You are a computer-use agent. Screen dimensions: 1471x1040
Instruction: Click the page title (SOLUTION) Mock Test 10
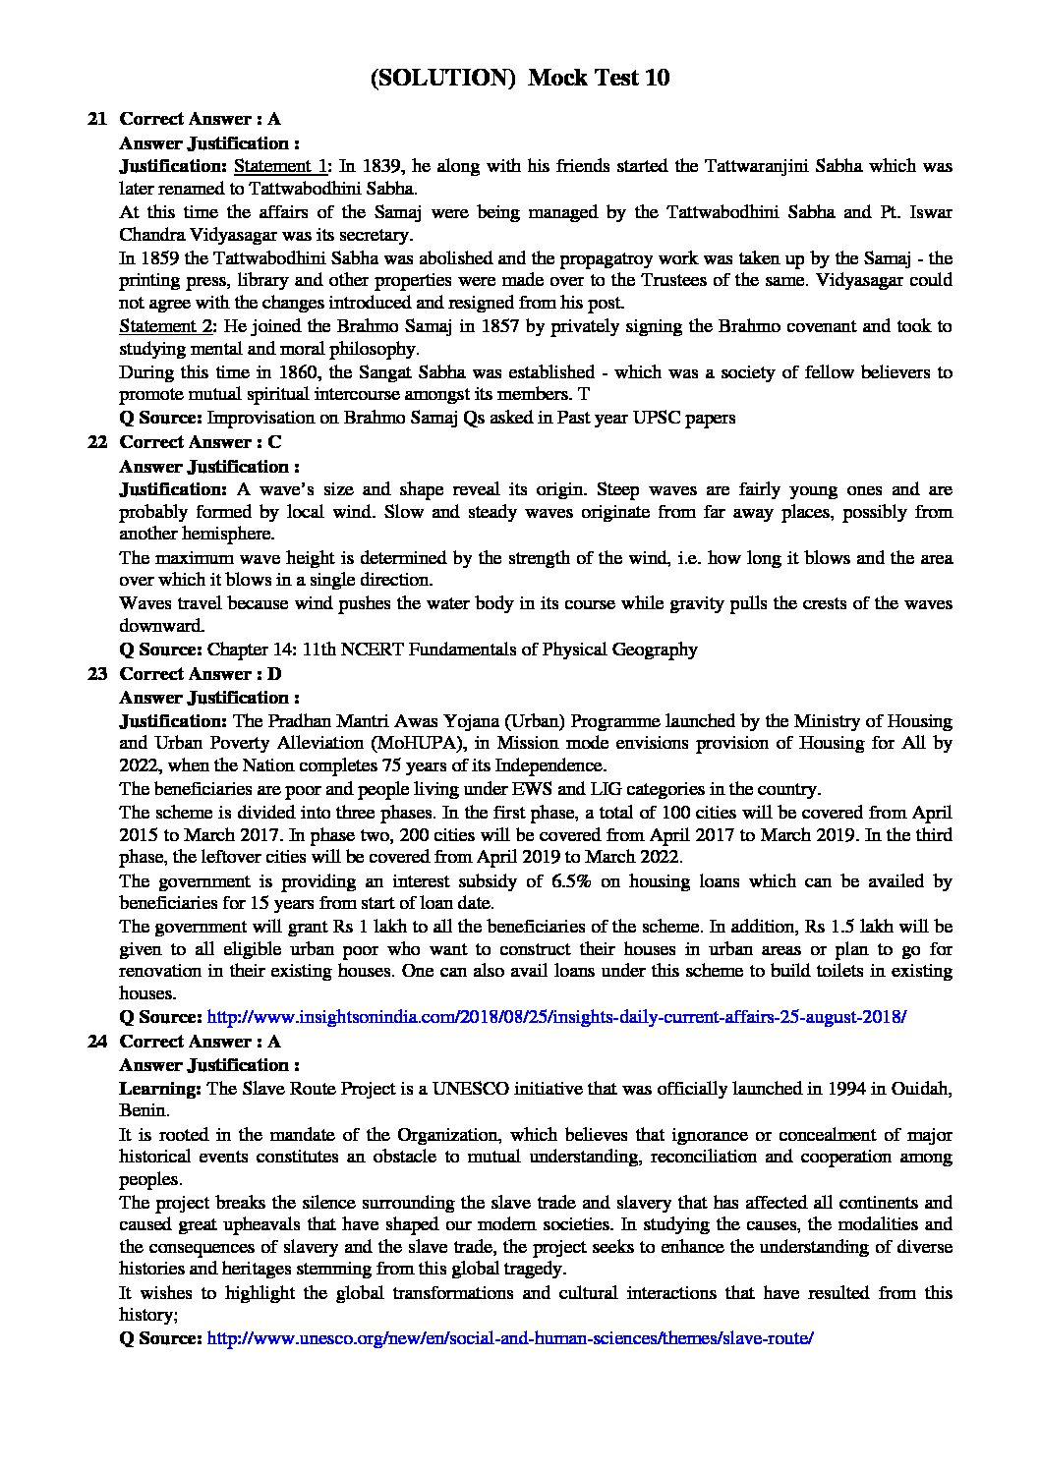click(x=520, y=78)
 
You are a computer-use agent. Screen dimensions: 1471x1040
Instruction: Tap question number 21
click(x=96, y=119)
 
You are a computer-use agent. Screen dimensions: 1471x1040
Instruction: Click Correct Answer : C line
click(x=200, y=442)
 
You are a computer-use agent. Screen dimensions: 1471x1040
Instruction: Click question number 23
click(x=96, y=673)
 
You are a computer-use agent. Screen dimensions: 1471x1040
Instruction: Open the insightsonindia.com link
click(x=555, y=1017)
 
